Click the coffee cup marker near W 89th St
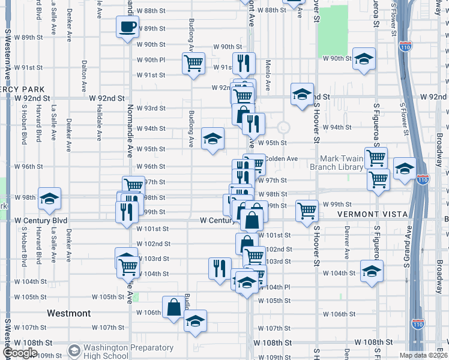[128, 27]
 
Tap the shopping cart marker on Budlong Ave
[193, 63]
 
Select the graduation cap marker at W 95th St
[212, 139]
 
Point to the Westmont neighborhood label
[68, 313]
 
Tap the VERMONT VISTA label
[373, 214]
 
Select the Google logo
[20, 353]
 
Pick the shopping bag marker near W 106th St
[173, 308]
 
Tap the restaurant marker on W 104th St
[220, 268]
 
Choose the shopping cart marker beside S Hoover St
[307, 211]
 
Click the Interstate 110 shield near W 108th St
[418, 324]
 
